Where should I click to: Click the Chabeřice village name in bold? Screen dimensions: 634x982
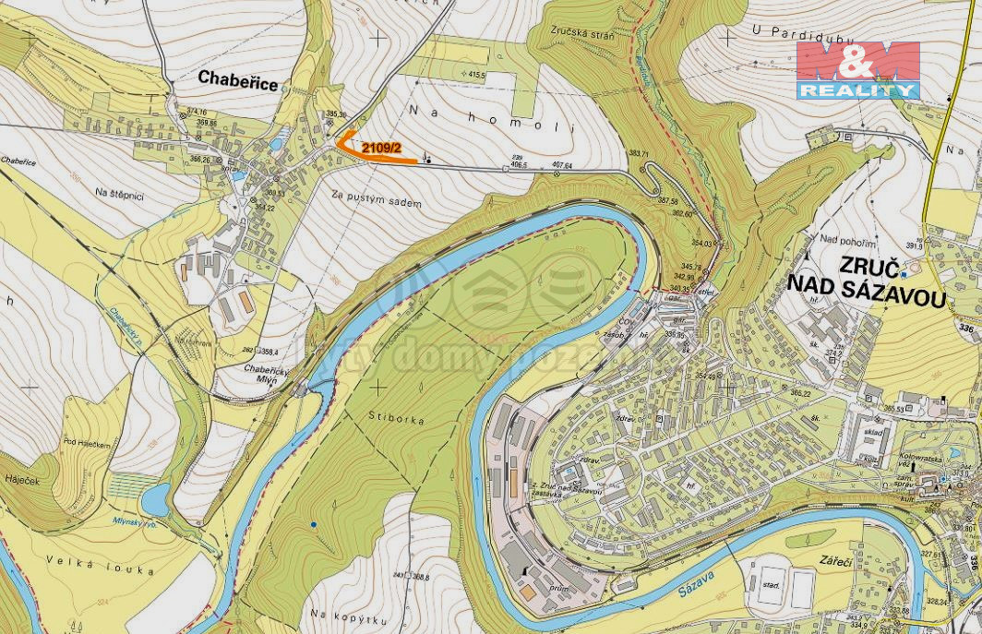[238, 82]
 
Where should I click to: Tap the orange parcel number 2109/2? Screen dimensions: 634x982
[379, 147]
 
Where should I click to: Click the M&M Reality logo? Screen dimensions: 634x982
[858, 69]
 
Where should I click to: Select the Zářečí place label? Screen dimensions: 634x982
[840, 561]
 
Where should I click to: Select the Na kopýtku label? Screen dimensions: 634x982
[341, 615]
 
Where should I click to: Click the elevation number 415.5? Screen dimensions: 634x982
[476, 74]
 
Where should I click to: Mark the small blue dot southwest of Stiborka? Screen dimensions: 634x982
[314, 525]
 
